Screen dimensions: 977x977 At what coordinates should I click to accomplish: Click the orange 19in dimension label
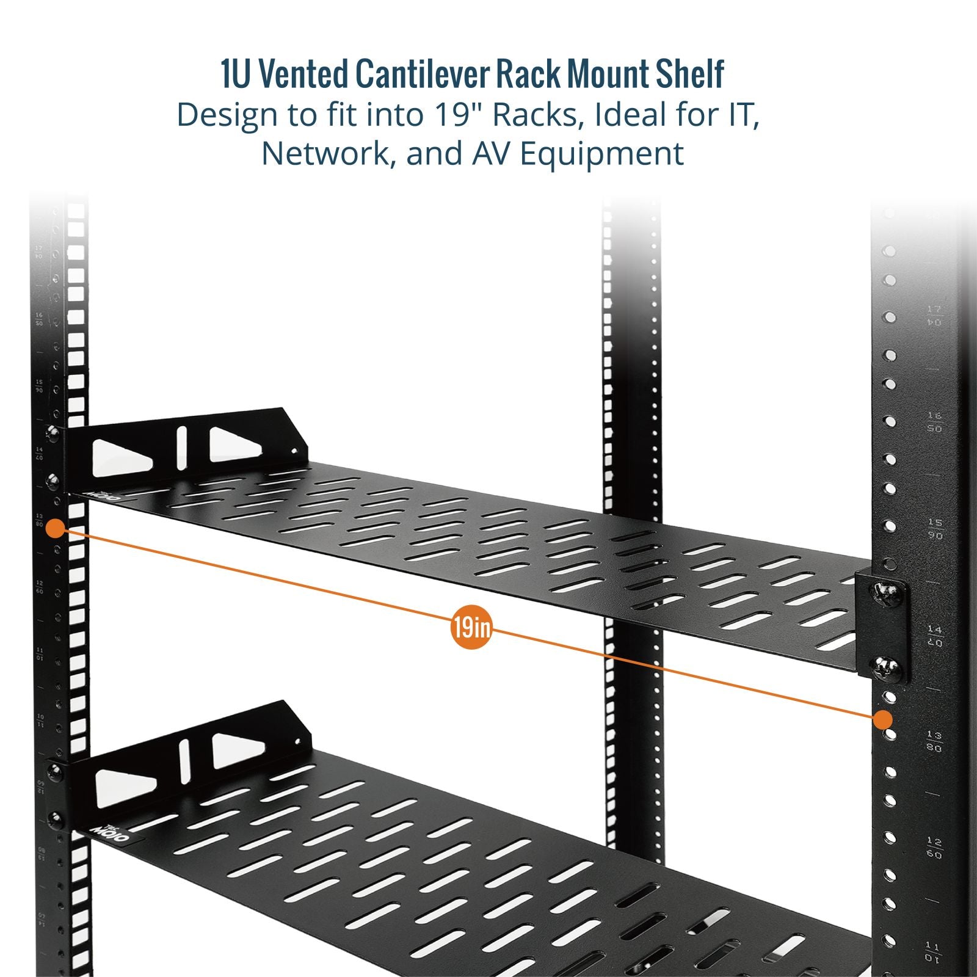click(x=471, y=627)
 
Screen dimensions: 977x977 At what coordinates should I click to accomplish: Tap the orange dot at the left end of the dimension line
click(x=56, y=528)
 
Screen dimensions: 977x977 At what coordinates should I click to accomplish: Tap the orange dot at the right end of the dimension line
click(x=882, y=720)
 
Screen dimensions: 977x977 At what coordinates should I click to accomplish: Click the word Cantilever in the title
click(x=424, y=74)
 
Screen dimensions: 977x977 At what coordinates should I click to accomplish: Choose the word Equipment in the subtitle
click(x=601, y=154)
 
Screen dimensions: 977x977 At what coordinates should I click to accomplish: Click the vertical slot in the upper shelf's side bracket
click(x=181, y=448)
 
